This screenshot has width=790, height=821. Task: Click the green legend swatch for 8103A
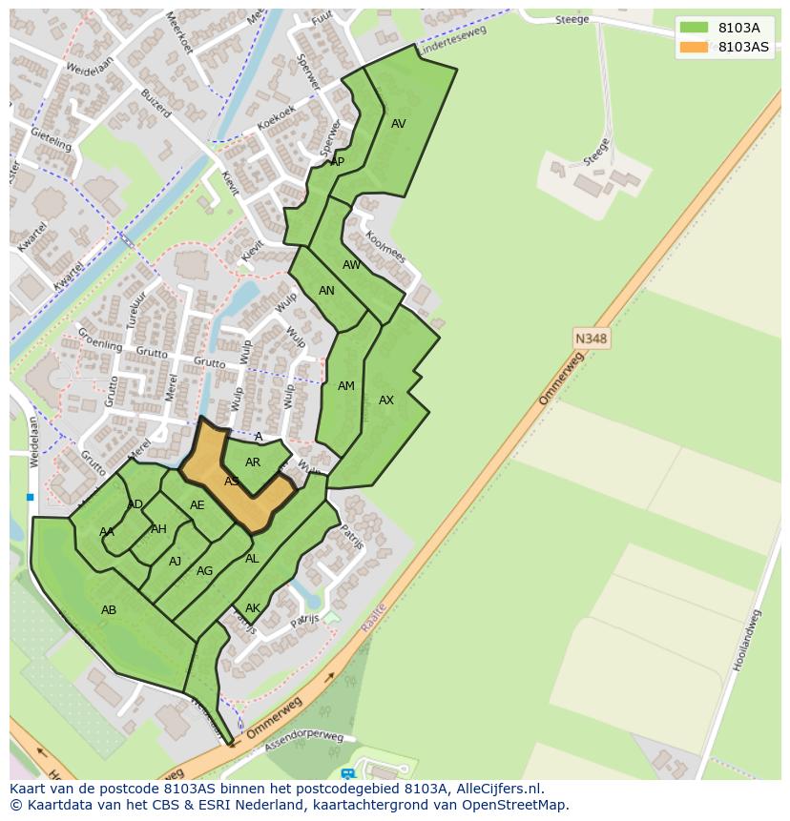tap(694, 28)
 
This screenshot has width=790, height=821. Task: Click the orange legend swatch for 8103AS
tap(694, 47)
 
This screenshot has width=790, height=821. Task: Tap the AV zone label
tap(399, 124)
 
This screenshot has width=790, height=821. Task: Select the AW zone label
tap(352, 265)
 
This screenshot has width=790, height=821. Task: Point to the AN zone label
tap(326, 291)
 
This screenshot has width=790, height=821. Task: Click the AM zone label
tap(346, 386)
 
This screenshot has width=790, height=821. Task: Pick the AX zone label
tap(386, 400)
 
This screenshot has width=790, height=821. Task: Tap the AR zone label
tap(253, 462)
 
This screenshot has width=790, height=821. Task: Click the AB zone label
tap(109, 609)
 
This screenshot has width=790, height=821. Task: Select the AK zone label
tap(253, 608)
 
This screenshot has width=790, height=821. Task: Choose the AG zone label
tap(204, 571)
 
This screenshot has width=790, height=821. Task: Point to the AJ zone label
tap(175, 562)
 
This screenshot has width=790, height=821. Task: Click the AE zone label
tap(197, 505)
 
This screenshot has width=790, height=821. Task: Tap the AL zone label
tap(252, 559)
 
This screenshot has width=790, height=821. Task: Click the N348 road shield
tap(592, 338)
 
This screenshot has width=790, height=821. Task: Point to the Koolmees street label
tap(385, 246)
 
